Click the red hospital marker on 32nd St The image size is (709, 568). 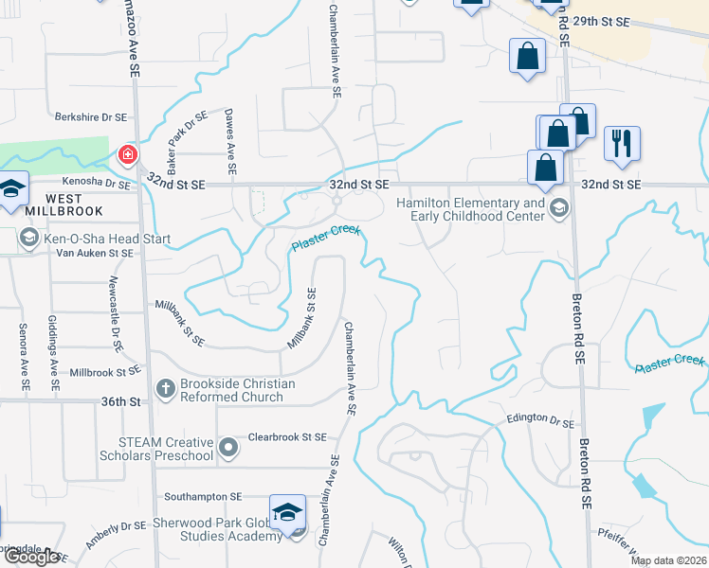[x=126, y=154]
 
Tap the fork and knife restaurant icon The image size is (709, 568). [x=622, y=143]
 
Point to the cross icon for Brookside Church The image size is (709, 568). [x=165, y=387]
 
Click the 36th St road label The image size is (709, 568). [x=120, y=401]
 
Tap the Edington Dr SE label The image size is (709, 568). [x=540, y=417]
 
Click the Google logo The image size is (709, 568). [x=31, y=557]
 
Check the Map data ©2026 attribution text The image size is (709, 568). [x=668, y=560]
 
